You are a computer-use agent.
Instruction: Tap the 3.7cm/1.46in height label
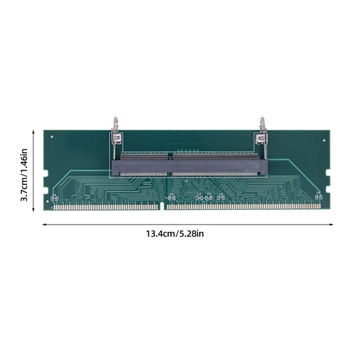click(x=23, y=170)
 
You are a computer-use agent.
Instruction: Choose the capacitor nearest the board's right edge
click(x=317, y=197)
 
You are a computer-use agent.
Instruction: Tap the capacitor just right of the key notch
click(x=171, y=197)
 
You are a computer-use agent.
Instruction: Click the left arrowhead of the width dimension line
click(x=44, y=224)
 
